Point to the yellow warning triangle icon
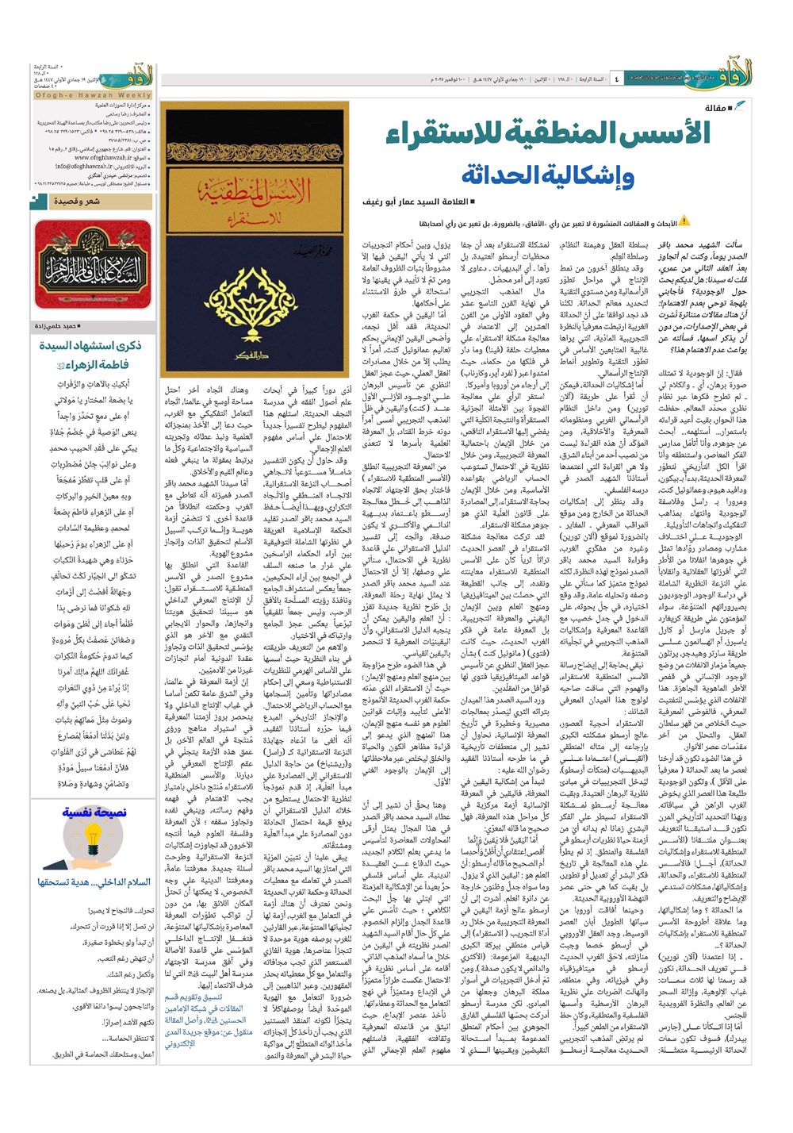[684, 221]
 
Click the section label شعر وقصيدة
[76, 202]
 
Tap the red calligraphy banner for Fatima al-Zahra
[93, 265]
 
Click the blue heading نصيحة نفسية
[94, 812]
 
